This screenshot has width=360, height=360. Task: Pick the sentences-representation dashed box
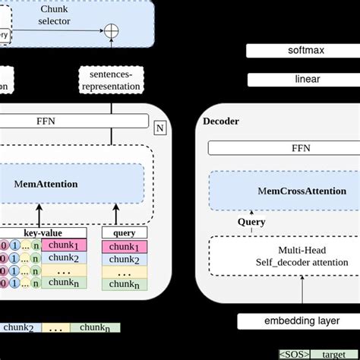click(x=111, y=80)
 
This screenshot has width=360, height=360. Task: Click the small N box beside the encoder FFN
click(x=160, y=128)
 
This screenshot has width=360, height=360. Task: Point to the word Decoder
click(x=222, y=121)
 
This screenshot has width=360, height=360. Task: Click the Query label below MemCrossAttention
click(x=251, y=222)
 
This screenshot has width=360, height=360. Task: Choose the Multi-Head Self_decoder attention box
click(x=278, y=256)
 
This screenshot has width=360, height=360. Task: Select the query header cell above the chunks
click(x=124, y=233)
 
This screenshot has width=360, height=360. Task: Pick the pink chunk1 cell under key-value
click(x=65, y=245)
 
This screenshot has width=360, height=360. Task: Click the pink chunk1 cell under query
click(x=125, y=246)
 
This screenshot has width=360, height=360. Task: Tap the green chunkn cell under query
click(x=125, y=285)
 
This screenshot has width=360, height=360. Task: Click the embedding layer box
click(x=302, y=321)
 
